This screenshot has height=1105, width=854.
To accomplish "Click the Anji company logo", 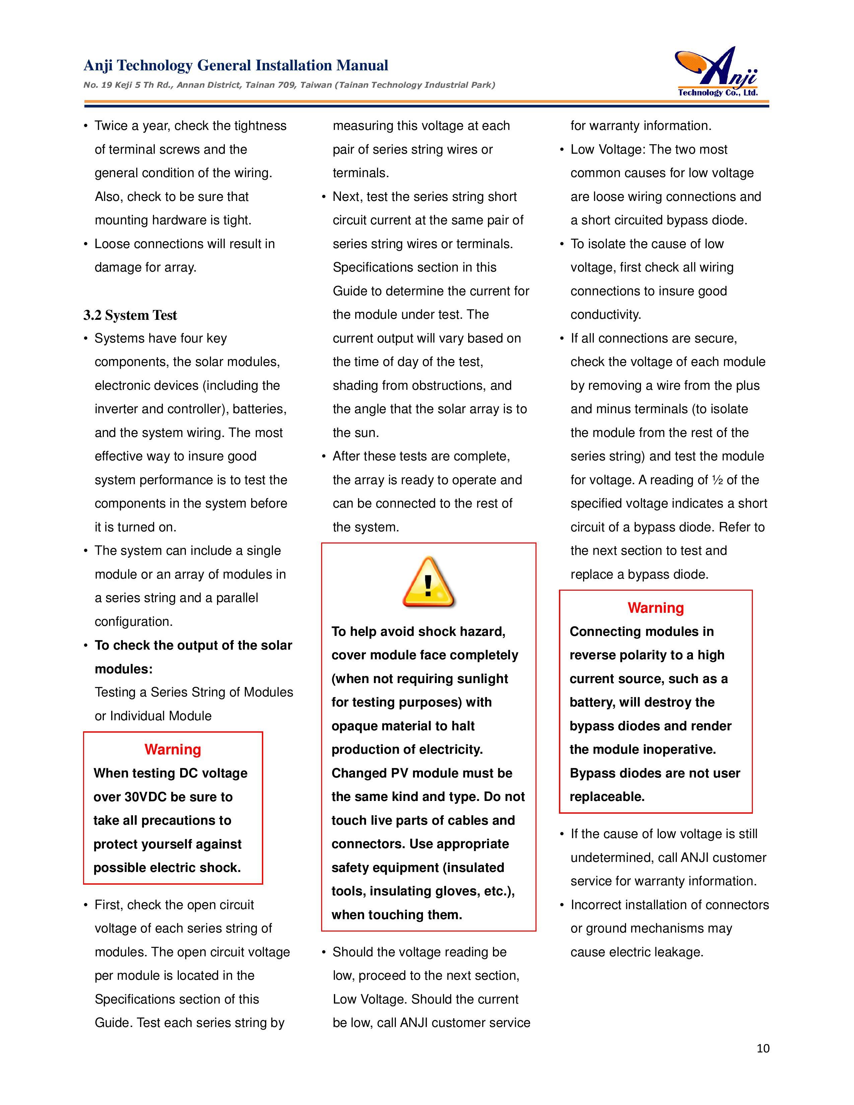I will click(717, 72).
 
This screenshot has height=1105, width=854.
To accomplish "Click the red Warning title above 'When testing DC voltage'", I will click(172, 749).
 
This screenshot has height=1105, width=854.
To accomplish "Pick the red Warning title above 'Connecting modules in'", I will click(656, 608).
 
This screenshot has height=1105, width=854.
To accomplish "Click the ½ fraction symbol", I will click(717, 480).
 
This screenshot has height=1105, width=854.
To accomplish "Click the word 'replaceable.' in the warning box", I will click(607, 797).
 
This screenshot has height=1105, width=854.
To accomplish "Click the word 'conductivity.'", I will click(606, 315).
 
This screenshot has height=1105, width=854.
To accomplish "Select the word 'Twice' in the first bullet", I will click(111, 126).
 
